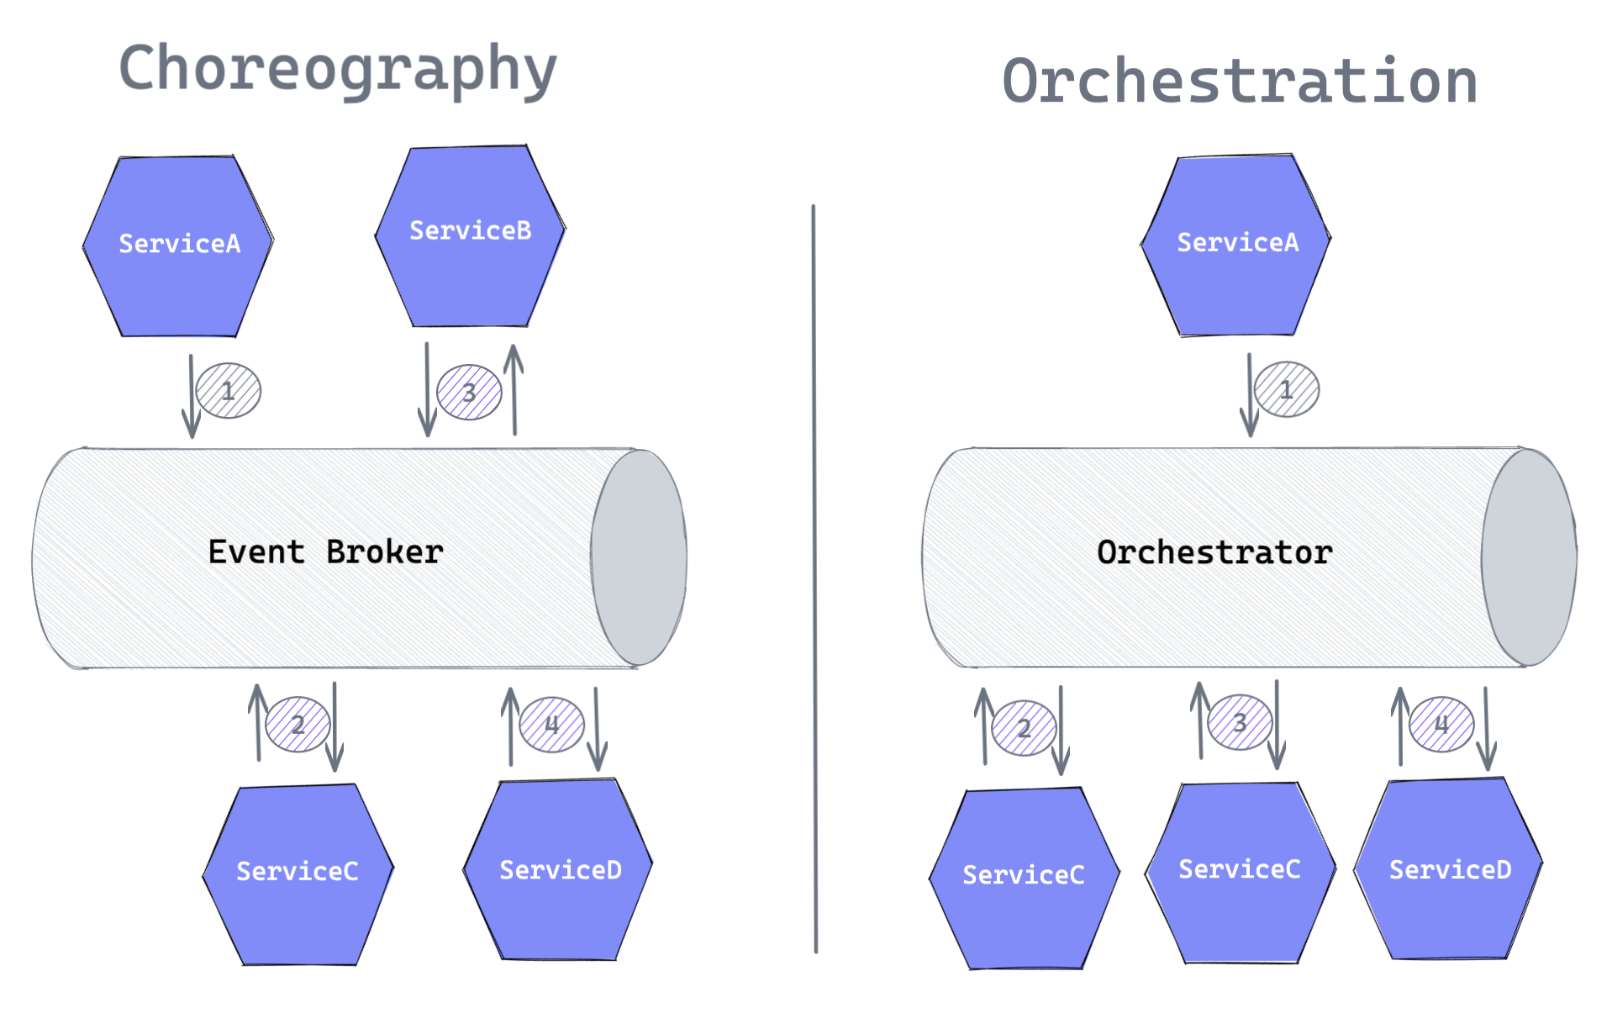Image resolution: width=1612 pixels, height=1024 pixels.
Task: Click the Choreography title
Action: point(338,71)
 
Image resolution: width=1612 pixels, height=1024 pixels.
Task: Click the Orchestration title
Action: point(1240,81)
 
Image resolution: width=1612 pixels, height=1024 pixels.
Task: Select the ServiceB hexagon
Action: point(470,235)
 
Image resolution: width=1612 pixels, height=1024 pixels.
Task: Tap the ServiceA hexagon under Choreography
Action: point(178,245)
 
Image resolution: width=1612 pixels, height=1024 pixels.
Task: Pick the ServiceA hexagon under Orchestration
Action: point(1235,245)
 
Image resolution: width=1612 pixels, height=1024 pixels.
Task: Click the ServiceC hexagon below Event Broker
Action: point(298,874)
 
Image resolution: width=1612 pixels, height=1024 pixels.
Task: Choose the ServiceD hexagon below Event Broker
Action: point(558,869)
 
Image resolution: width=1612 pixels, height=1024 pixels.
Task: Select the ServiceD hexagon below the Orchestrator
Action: point(1449,868)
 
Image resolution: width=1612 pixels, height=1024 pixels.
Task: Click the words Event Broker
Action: point(325,552)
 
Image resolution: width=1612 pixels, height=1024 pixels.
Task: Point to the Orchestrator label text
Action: point(1214,552)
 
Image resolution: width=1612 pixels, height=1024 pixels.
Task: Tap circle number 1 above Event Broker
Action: point(229,390)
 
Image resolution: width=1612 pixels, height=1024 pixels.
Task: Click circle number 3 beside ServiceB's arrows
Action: point(469,392)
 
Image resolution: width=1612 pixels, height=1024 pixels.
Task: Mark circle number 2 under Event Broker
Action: point(298,724)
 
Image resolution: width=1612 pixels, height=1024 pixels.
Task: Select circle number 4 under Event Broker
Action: point(551,724)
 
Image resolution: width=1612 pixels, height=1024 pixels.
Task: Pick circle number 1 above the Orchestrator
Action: point(1287,389)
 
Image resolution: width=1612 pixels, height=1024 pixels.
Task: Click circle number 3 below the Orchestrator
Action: point(1240,722)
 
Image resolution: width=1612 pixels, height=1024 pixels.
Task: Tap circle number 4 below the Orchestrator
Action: point(1441,724)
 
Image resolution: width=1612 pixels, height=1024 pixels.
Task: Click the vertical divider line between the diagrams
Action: point(814,578)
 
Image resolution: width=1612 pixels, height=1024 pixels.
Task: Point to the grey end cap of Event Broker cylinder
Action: point(639,557)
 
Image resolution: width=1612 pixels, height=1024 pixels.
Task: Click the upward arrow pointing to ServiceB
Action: point(514,389)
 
